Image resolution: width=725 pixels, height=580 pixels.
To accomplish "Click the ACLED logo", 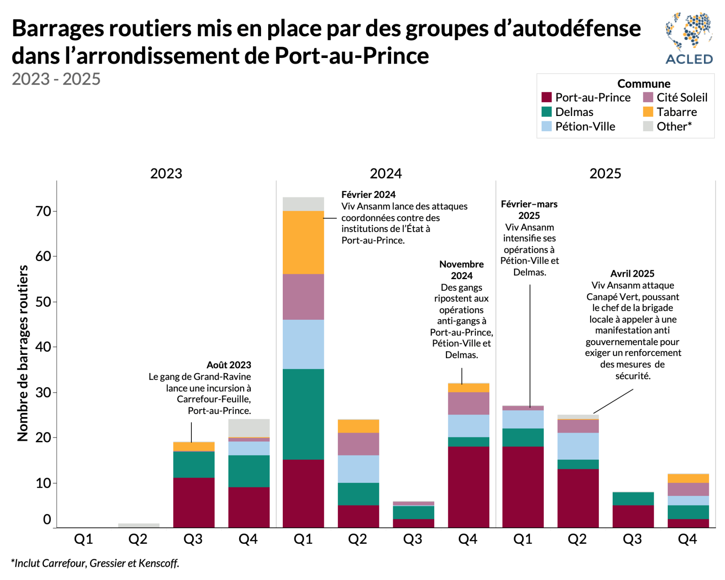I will click(x=689, y=38).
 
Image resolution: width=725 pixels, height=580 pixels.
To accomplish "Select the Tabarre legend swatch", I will click(x=648, y=112).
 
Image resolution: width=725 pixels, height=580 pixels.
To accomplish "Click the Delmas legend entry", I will click(x=574, y=112).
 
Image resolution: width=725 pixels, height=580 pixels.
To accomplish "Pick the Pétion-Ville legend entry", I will click(x=585, y=126).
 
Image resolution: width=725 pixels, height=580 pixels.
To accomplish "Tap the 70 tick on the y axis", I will click(x=43, y=211).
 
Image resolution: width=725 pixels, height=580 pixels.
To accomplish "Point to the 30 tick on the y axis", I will click(x=43, y=392).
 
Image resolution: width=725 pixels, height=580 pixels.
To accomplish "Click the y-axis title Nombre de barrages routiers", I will click(x=23, y=353).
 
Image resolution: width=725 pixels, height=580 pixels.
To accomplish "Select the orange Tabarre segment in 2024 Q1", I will click(x=303, y=242).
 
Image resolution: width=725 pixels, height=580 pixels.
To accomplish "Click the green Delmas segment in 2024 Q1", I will click(x=303, y=414).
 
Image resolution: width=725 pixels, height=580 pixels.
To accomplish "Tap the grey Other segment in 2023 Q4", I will click(x=249, y=428).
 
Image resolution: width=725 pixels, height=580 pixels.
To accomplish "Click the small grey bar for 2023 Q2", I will click(x=139, y=525).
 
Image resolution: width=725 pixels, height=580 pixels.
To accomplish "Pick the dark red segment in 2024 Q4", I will click(x=468, y=487).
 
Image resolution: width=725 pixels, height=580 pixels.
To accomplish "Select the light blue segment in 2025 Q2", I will click(x=578, y=446).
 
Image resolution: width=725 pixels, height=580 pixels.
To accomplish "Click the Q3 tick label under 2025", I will click(x=632, y=539).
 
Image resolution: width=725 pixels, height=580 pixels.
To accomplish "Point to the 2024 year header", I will click(x=385, y=174).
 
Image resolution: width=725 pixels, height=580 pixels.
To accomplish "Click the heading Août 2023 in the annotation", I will click(x=228, y=365).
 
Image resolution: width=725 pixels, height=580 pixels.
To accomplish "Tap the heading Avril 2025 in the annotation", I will click(x=632, y=274).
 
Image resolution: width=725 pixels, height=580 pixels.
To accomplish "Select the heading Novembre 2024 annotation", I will click(x=461, y=270).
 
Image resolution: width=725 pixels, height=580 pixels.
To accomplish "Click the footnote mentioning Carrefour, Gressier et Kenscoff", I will click(x=95, y=563).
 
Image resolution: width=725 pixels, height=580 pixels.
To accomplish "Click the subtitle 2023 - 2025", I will click(x=56, y=79).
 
